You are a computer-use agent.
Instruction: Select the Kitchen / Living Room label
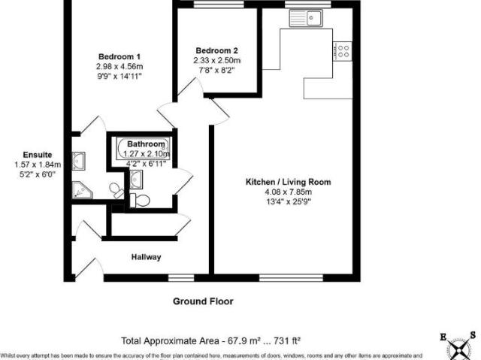288,182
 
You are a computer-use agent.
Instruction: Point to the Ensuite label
37,155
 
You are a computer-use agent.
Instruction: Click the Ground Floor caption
203,301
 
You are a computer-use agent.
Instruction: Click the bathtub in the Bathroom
144,150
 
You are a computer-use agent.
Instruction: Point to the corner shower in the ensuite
80,190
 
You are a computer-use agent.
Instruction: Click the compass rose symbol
458,346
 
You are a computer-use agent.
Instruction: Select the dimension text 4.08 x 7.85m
288,192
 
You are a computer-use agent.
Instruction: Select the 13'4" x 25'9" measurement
288,201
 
